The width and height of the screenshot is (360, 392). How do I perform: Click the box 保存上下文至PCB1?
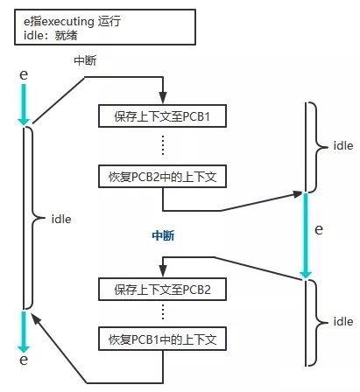(x=163, y=115)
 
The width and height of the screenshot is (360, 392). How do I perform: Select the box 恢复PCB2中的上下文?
(x=163, y=176)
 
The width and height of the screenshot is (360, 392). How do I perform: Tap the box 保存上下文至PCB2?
(x=163, y=288)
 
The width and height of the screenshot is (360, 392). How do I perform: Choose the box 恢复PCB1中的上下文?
(x=163, y=337)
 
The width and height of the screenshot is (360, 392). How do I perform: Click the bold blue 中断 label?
(x=164, y=236)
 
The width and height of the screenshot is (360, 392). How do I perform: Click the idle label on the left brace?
(x=61, y=218)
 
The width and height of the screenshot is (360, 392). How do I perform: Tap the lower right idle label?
(x=342, y=322)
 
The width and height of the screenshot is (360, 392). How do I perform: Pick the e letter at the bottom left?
(x=24, y=360)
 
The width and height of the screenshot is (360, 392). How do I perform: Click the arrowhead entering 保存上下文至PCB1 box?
(x=163, y=99)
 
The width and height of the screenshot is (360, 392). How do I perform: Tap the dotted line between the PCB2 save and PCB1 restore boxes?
(x=163, y=312)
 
